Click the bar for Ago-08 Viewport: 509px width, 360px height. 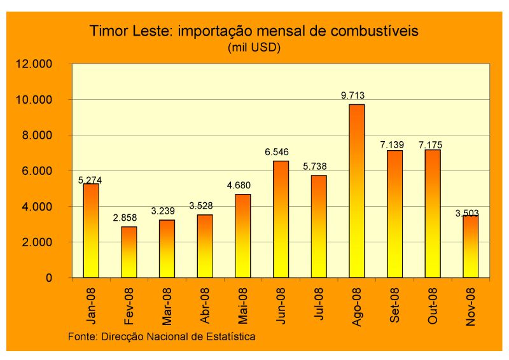coord(356,191)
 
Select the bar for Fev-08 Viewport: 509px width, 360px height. coord(129,252)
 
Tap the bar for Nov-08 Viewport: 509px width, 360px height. coord(470,246)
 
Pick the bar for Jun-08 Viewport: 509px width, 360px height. coord(281,219)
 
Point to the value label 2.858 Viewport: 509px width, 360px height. coord(127,218)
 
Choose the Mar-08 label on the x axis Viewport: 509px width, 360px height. coord(167,306)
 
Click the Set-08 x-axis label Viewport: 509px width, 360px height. coord(394,306)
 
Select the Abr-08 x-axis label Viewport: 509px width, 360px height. coord(205,306)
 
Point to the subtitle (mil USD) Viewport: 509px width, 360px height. coord(254,47)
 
